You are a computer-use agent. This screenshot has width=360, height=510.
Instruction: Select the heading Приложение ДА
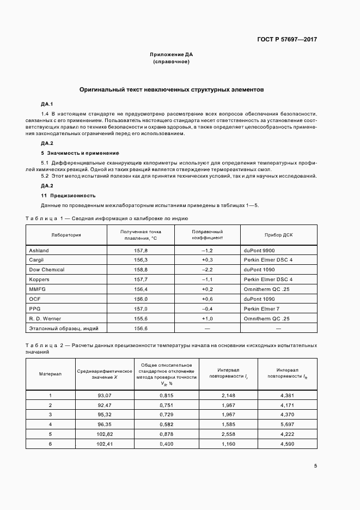tap(171, 54)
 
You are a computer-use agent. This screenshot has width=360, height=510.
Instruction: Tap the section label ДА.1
tap(47, 104)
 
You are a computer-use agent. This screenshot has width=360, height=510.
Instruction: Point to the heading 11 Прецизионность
tap(69, 195)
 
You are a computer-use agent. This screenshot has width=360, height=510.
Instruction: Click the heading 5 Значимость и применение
tap(80, 153)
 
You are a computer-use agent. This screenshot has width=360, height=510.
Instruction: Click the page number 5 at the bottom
tap(315, 465)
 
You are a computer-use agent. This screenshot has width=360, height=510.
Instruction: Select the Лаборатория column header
tap(66, 235)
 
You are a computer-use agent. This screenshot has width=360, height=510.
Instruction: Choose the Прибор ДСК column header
tap(278, 235)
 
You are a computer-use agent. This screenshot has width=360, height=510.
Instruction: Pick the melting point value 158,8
tap(141, 270)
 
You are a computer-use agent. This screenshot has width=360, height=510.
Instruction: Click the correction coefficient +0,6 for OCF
tap(207, 299)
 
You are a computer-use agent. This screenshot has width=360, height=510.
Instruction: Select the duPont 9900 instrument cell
tap(260, 250)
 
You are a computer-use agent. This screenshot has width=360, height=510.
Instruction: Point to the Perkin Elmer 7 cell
tap(263, 309)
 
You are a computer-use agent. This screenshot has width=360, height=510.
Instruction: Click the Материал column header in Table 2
tap(50, 374)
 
